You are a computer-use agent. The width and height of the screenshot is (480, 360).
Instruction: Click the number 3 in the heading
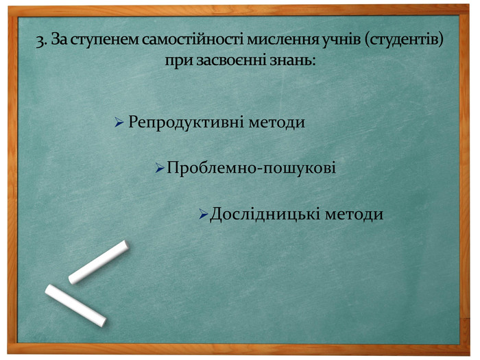(40, 40)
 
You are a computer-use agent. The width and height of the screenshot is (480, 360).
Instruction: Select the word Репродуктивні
(177, 123)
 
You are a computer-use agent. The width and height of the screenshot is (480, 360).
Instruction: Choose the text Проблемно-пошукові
(251, 167)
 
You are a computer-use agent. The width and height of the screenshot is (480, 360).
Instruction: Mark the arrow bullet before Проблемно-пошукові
(159, 167)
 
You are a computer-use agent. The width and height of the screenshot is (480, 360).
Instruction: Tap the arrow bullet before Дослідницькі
(203, 215)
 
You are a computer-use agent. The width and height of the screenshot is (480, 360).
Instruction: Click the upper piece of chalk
(99, 262)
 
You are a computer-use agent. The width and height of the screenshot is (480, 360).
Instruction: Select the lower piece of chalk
(75, 305)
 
